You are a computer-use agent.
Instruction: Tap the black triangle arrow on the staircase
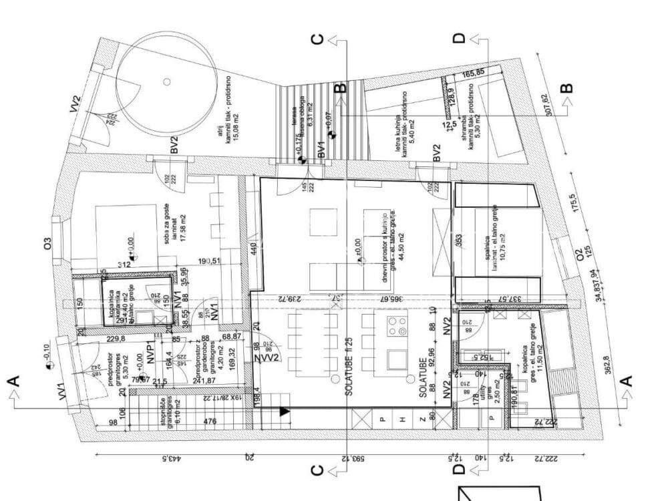point(285,411)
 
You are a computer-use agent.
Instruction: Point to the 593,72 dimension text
point(345,459)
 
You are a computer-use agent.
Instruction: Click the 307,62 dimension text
point(550,104)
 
